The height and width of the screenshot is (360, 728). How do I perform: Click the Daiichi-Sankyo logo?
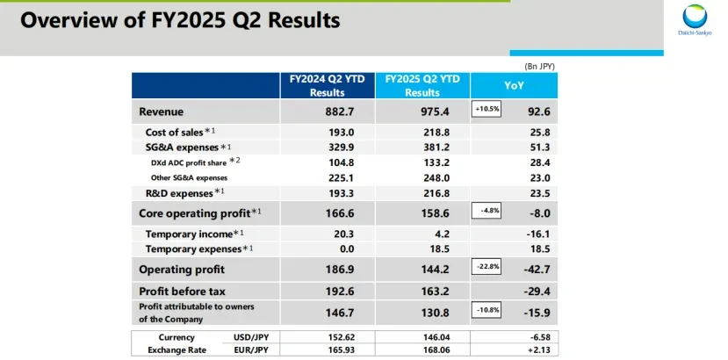tap(695, 20)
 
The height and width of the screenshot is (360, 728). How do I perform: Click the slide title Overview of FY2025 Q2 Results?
tap(180, 20)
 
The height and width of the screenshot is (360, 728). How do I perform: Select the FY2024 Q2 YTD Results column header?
tap(328, 85)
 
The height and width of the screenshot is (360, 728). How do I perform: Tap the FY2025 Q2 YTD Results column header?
tap(422, 85)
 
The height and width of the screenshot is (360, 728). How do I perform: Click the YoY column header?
tap(514, 85)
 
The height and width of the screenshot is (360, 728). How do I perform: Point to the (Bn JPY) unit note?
tap(539, 67)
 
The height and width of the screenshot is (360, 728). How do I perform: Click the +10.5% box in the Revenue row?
tap(487, 109)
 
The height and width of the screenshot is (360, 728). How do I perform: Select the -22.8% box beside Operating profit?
tap(487, 267)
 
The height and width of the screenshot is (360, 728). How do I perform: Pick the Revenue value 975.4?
tap(435, 112)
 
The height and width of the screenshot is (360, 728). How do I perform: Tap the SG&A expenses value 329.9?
tap(342, 148)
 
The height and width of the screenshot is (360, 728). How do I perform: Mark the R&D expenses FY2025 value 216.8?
tap(436, 193)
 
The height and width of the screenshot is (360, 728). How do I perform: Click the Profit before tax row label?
tap(182, 292)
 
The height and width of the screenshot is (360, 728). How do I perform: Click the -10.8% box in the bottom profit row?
tap(487, 310)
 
